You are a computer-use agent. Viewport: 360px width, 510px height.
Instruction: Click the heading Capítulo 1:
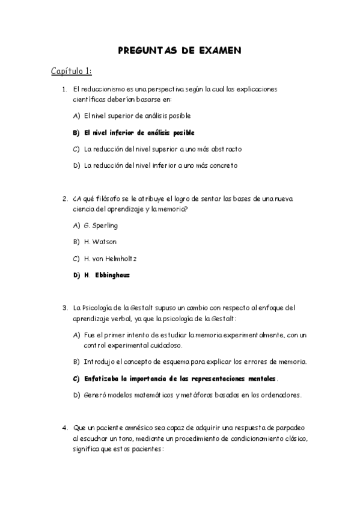[x=71, y=72]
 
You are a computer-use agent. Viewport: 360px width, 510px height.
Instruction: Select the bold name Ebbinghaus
[x=112, y=275]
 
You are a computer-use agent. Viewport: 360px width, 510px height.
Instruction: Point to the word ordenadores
[x=282, y=395]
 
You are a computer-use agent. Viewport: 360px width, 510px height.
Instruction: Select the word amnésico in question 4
[x=132, y=428]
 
